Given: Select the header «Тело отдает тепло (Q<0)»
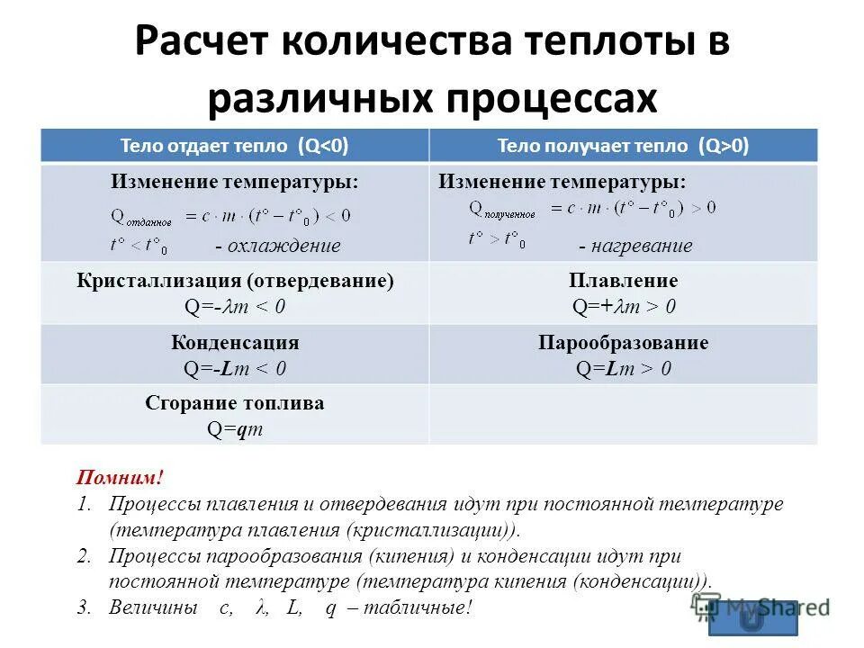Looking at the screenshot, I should click(235, 146).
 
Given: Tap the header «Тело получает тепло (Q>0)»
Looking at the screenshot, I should click(623, 146).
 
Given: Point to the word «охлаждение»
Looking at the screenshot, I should click(284, 246).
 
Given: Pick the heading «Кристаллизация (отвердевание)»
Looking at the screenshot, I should click(235, 281).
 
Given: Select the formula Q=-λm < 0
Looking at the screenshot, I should click(235, 307).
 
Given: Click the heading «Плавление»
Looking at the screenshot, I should click(624, 281).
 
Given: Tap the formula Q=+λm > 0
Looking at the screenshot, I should click(624, 307).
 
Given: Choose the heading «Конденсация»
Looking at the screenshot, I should click(235, 343).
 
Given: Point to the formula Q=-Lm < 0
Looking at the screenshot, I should click(235, 368).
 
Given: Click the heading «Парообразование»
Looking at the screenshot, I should click(624, 343).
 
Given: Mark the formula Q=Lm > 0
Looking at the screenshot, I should click(624, 368).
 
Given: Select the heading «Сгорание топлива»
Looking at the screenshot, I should click(235, 403).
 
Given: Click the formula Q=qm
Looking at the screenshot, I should click(235, 429).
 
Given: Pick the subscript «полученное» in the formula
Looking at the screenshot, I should click(509, 215).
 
